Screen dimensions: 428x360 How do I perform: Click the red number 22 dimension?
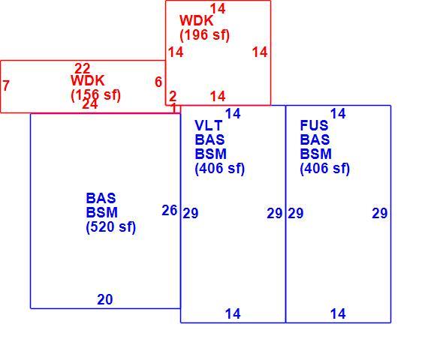click(83, 68)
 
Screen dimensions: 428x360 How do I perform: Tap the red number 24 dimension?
click(90, 104)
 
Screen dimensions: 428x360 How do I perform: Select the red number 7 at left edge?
click(6, 85)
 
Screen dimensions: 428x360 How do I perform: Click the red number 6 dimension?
click(158, 82)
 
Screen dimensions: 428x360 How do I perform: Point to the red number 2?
click(173, 96)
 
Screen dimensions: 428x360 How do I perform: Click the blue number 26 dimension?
click(170, 210)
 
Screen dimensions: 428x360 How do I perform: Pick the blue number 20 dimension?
click(105, 299)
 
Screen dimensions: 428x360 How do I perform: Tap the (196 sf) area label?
click(205, 35)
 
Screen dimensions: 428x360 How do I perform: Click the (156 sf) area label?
click(95, 95)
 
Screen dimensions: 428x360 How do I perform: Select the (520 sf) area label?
click(111, 226)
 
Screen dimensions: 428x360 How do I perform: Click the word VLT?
click(209, 126)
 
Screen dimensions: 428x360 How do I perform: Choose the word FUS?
click(314, 125)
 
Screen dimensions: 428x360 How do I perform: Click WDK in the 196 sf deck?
click(196, 20)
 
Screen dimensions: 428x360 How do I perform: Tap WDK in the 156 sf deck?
click(88, 80)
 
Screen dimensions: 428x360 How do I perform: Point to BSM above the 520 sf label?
click(102, 212)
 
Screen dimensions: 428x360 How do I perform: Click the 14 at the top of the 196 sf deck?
click(218, 8)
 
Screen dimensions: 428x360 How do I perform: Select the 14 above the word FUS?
click(338, 113)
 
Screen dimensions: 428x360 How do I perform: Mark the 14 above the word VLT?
click(233, 113)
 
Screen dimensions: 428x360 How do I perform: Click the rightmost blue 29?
click(380, 213)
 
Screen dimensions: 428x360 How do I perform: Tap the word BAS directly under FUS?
click(315, 139)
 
